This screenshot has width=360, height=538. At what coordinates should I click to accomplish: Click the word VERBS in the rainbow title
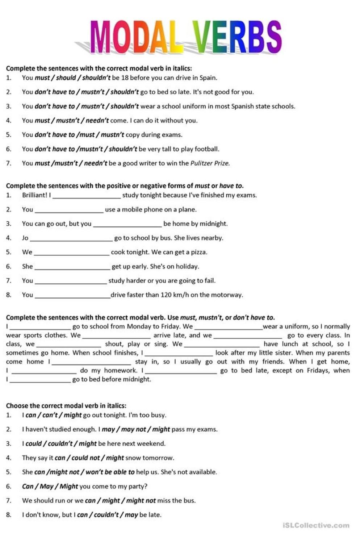click(x=237, y=37)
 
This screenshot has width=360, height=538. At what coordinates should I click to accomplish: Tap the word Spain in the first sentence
click(x=208, y=78)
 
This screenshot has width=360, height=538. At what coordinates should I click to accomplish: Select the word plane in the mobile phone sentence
click(x=188, y=209)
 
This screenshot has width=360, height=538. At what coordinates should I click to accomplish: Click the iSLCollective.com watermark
click(x=316, y=525)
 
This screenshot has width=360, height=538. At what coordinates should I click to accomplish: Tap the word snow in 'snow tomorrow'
click(x=133, y=458)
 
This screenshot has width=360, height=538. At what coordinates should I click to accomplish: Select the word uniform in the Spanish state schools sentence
click(x=192, y=106)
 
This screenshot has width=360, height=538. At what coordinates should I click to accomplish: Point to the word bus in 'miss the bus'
click(x=190, y=501)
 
